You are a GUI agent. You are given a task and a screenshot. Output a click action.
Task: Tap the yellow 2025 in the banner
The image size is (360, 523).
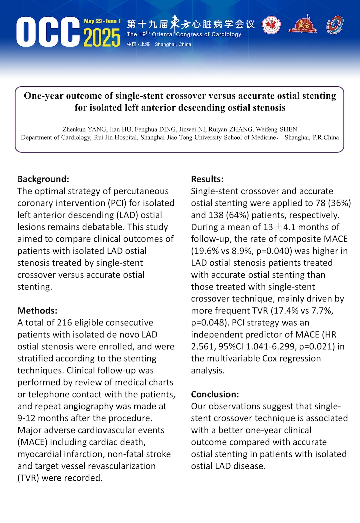(102, 38)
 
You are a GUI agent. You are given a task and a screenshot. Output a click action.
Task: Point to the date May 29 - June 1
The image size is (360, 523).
(102, 21)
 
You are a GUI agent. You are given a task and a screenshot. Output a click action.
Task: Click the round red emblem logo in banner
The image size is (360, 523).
(271, 26)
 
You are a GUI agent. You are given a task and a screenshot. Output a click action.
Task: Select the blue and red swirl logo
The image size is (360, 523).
(335, 25)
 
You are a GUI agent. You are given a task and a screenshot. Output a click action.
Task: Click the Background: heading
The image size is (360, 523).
(43, 179)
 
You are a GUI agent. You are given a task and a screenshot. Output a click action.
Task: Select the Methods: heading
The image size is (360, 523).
(37, 311)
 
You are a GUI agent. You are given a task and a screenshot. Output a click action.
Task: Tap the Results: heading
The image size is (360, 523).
(207, 179)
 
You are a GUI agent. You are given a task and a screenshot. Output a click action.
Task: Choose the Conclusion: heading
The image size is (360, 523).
(215, 394)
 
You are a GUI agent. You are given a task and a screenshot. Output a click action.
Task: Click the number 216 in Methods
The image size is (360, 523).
(65, 323)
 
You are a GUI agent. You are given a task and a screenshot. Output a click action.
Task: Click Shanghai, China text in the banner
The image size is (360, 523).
(173, 44)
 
